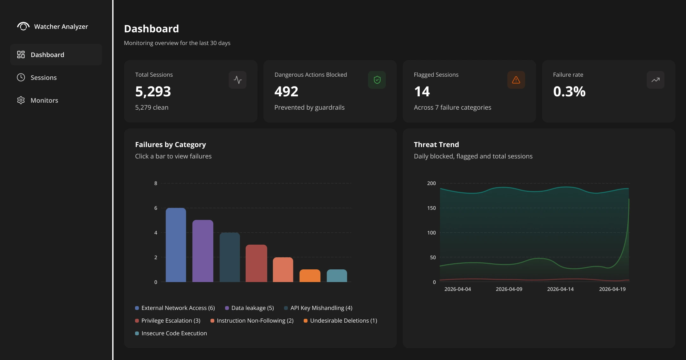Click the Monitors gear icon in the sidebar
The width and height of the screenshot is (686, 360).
pos(21,100)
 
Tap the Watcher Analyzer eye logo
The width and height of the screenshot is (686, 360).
pos(23,26)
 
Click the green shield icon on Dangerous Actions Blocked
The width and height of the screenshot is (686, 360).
pos(377,80)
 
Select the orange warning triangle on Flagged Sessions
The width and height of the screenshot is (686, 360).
pos(516,80)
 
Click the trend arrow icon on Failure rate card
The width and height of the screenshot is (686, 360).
pos(656,80)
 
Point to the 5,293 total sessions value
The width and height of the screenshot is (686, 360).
pos(153,92)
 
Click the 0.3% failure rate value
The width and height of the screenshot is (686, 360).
pos(569,92)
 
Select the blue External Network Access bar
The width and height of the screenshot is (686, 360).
pos(176,245)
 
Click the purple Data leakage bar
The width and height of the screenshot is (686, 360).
pos(203,251)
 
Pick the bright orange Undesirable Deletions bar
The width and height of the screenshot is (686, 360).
pos(310,276)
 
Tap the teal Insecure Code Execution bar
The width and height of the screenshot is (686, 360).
pos(337,276)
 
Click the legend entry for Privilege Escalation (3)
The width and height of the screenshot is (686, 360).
pos(168,321)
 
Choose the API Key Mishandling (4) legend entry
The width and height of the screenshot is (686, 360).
pos(318,308)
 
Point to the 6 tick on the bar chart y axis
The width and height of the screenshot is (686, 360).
pos(156,208)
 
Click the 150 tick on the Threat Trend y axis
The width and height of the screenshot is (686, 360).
pos(431,208)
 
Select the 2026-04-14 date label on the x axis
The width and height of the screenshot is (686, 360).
pos(560,289)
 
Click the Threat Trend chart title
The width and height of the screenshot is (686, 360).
pos(437,145)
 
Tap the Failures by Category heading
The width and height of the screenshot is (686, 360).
pos(171,145)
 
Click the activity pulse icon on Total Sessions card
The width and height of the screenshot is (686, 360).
pos(238,80)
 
